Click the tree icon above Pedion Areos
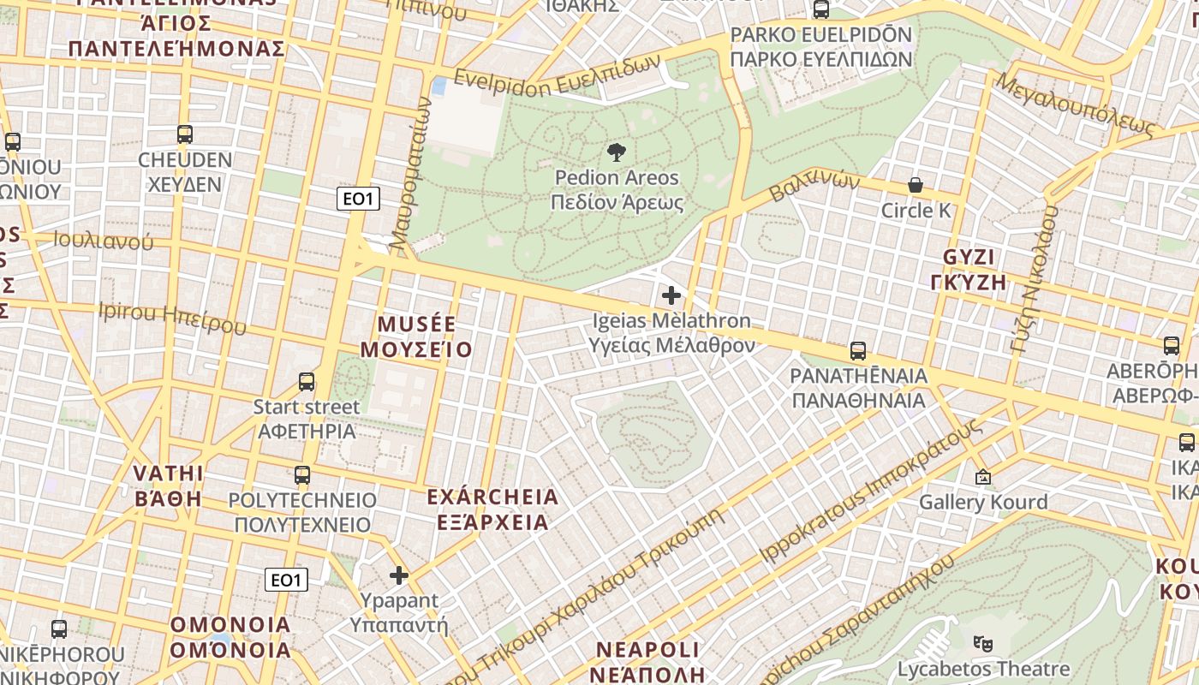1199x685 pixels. (x=615, y=153)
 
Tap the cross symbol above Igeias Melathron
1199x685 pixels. (x=671, y=296)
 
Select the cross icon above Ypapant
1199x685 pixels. (x=398, y=575)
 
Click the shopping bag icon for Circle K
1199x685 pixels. (x=916, y=185)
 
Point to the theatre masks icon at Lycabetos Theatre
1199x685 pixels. (x=982, y=641)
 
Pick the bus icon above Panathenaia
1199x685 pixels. (x=857, y=351)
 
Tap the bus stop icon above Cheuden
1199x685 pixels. (x=185, y=134)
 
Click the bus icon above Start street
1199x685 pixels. (x=307, y=382)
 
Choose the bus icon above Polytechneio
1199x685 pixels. (x=302, y=475)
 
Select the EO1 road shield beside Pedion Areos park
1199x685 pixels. (x=358, y=200)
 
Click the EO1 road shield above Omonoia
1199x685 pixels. (x=286, y=580)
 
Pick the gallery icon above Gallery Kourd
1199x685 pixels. (x=982, y=477)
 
